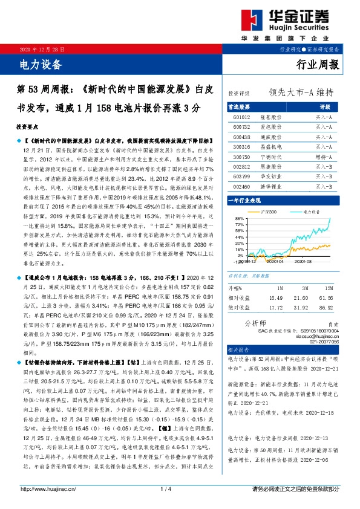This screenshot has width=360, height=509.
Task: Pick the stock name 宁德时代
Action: pos(270,157)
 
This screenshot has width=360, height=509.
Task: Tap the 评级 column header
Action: pos(324,105)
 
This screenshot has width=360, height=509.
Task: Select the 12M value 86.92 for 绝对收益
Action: pos(326,307)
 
